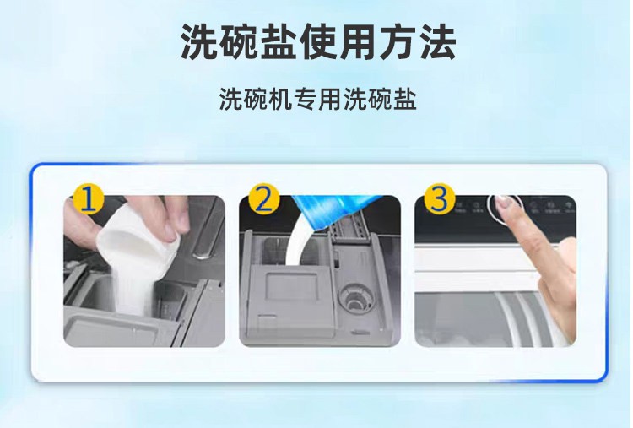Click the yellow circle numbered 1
pos(88,200)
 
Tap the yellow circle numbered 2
pos(264,198)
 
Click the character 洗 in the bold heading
pos(199,41)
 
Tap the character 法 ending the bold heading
pos(437,41)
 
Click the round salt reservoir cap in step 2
pos(355,298)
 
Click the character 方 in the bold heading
pos(398,41)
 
